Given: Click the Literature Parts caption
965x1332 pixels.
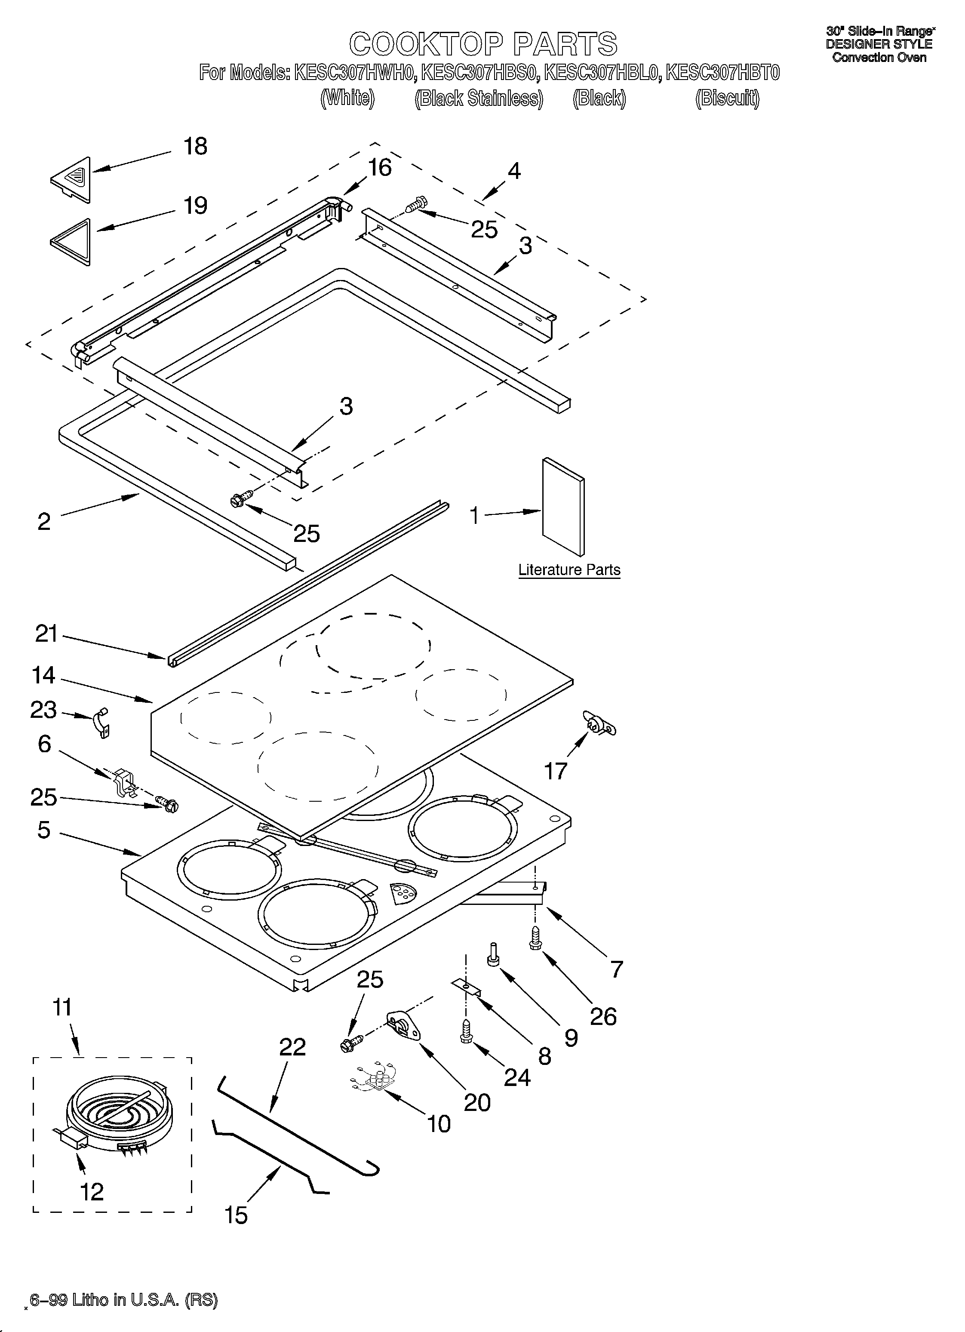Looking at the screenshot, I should pos(569,570).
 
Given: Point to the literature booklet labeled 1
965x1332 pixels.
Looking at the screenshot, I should pos(562,506).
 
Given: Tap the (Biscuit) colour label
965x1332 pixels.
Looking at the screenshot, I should pos(727,98).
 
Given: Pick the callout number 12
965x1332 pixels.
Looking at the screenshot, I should pos(92,1192).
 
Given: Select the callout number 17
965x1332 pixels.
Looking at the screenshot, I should pos(556,771).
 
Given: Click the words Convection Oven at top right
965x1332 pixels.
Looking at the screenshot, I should pos(879,58).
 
